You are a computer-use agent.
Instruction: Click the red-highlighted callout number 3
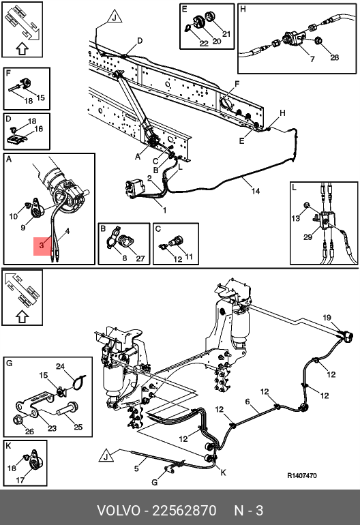(x=42, y=245)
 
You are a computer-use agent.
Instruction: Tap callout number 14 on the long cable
(x=256, y=191)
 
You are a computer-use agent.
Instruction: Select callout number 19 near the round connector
(x=327, y=318)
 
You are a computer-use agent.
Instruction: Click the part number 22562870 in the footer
(x=184, y=511)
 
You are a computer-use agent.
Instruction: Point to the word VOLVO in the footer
(x=119, y=511)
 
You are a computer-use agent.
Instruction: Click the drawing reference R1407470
(x=302, y=475)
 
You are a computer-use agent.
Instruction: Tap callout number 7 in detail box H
(x=312, y=59)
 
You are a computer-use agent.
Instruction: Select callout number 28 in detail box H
(x=334, y=57)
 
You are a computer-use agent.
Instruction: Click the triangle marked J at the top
(x=114, y=18)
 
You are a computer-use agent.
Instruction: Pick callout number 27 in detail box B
(x=140, y=258)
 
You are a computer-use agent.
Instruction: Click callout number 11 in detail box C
(x=189, y=256)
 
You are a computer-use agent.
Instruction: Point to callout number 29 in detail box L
(x=307, y=237)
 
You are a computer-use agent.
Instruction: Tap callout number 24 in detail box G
(x=60, y=366)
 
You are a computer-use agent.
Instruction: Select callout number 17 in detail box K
(x=20, y=480)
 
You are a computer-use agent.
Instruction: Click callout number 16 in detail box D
(x=39, y=129)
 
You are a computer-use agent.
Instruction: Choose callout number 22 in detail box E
(x=204, y=44)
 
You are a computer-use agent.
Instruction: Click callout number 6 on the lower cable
(x=247, y=402)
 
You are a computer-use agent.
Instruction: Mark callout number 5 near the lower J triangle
(x=136, y=468)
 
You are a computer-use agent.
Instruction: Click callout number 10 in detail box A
(x=13, y=216)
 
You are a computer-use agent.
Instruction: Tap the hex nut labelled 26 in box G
(x=17, y=419)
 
